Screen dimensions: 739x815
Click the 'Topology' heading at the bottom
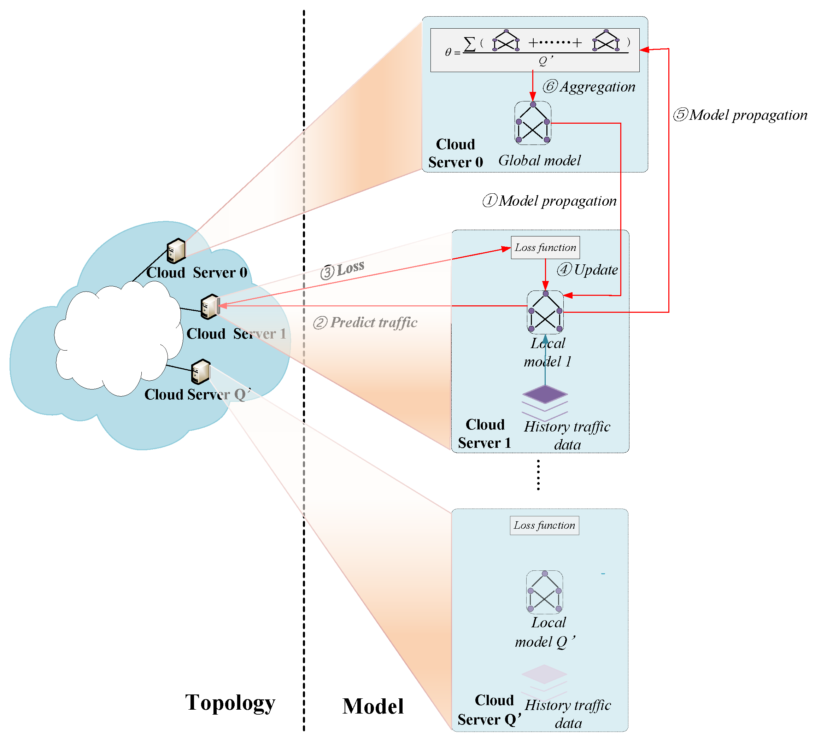(x=230, y=703)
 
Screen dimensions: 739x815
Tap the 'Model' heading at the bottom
(x=373, y=706)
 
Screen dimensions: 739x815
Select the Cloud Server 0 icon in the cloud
(x=176, y=251)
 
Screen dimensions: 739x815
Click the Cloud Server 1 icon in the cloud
(x=210, y=306)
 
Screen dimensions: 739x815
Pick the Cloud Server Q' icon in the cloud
(x=200, y=371)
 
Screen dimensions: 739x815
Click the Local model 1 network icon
(x=545, y=312)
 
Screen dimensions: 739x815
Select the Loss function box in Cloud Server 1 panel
(x=545, y=247)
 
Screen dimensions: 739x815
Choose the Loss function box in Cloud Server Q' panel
(x=544, y=525)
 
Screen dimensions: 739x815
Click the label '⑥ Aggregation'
(x=588, y=87)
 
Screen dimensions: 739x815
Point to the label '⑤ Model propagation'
(x=740, y=115)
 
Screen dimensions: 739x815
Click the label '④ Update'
(x=587, y=270)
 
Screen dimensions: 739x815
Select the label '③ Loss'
(x=343, y=269)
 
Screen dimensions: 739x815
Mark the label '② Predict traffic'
(x=365, y=323)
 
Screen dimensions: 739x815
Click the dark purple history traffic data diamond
(x=545, y=394)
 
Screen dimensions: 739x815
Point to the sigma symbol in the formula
(x=469, y=44)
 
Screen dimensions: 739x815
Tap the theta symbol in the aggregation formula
(x=447, y=53)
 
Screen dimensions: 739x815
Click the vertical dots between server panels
(x=538, y=475)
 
